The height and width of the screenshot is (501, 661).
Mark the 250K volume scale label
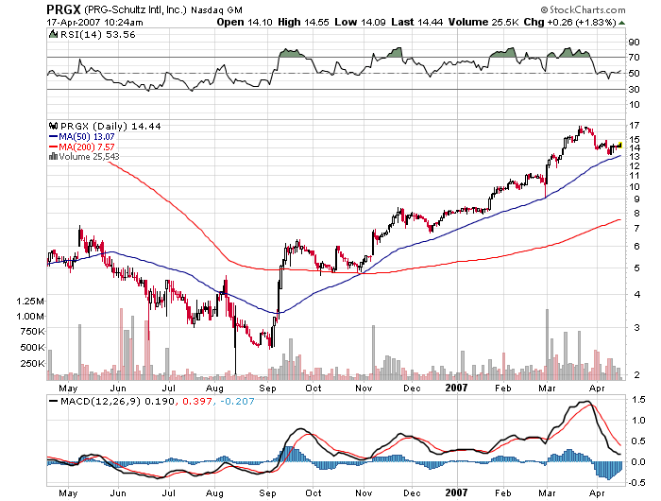coord(32,363)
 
